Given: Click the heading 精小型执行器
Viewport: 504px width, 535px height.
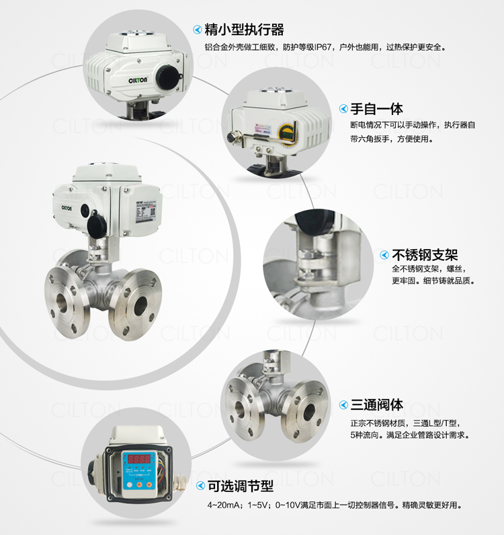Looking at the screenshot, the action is coord(244,30).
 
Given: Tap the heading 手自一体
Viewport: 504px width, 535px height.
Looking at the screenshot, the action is coord(376,109).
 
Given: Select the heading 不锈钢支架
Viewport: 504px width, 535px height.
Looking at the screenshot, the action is coord(425,255).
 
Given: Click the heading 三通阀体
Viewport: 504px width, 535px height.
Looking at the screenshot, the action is coord(376,405).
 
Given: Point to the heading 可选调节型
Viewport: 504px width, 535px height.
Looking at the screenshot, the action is coord(241,486).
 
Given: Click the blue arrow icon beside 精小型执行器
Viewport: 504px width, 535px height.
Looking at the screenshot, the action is coord(198,30).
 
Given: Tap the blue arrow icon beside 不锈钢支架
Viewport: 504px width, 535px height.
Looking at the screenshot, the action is coord(384,255).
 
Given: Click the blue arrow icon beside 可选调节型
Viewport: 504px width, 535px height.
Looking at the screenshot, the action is coord(200,486).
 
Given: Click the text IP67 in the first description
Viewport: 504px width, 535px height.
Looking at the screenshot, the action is coord(323,47).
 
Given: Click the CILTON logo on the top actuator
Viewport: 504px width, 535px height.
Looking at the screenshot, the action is coord(138,80).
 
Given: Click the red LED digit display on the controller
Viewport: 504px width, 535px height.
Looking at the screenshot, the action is coord(138,459).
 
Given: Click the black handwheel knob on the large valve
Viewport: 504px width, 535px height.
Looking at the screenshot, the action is coord(97,226).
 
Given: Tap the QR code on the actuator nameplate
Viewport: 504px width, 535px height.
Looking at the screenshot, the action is coord(153,212).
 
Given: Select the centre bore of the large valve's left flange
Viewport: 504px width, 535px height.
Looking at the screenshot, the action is coord(62,302).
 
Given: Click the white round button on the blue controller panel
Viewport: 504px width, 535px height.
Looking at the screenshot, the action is coord(129,485).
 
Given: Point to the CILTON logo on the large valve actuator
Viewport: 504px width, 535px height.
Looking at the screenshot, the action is coord(67,208).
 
